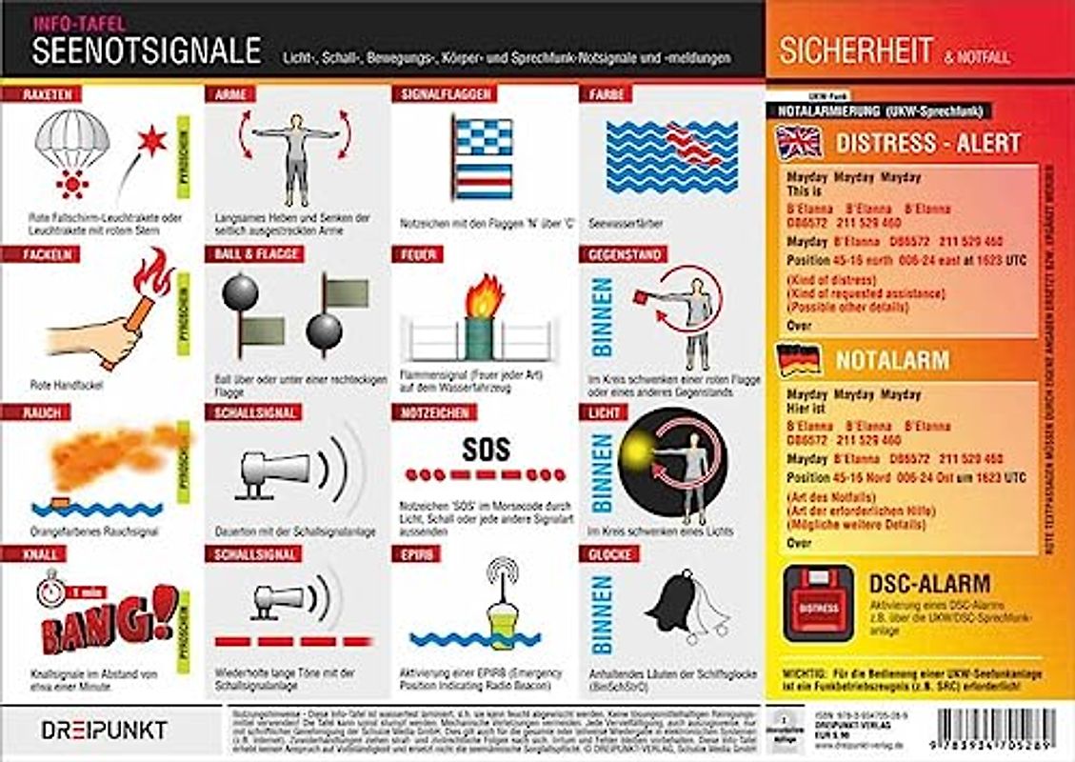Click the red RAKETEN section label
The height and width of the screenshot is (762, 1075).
(41, 94)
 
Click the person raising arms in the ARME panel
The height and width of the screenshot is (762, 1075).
(295, 156)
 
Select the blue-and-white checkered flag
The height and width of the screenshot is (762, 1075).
(483, 138)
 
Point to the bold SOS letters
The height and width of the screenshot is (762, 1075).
(486, 449)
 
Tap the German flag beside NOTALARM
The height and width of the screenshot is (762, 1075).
(800, 359)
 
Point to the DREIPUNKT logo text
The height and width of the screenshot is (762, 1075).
(104, 730)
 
